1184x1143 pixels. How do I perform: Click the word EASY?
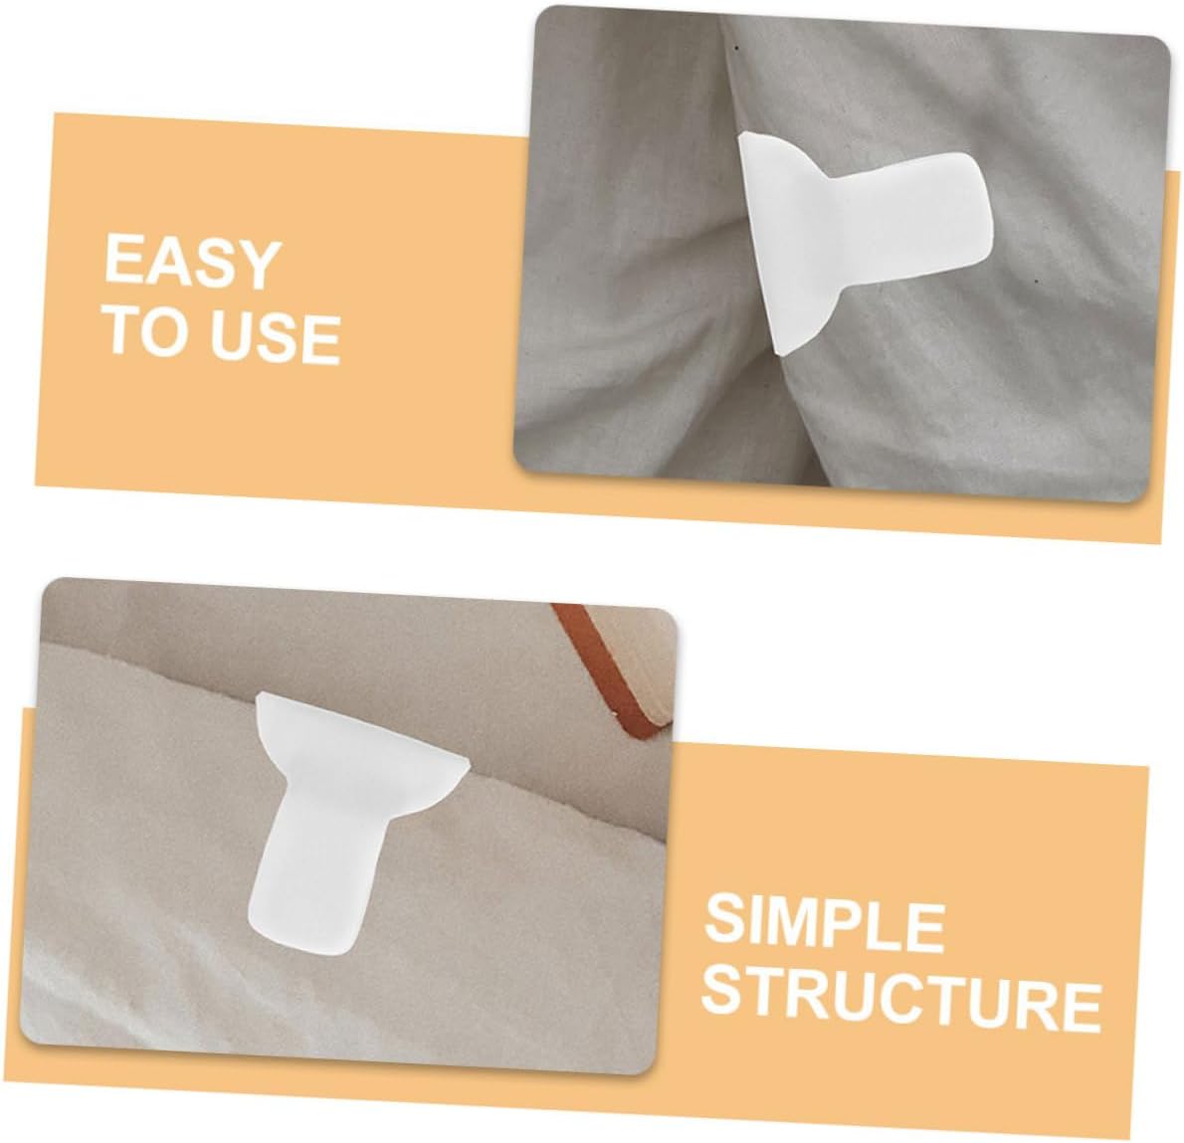tap(190, 263)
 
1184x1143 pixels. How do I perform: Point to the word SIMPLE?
tap(825, 924)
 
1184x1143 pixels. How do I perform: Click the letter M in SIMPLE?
tap(794, 923)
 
